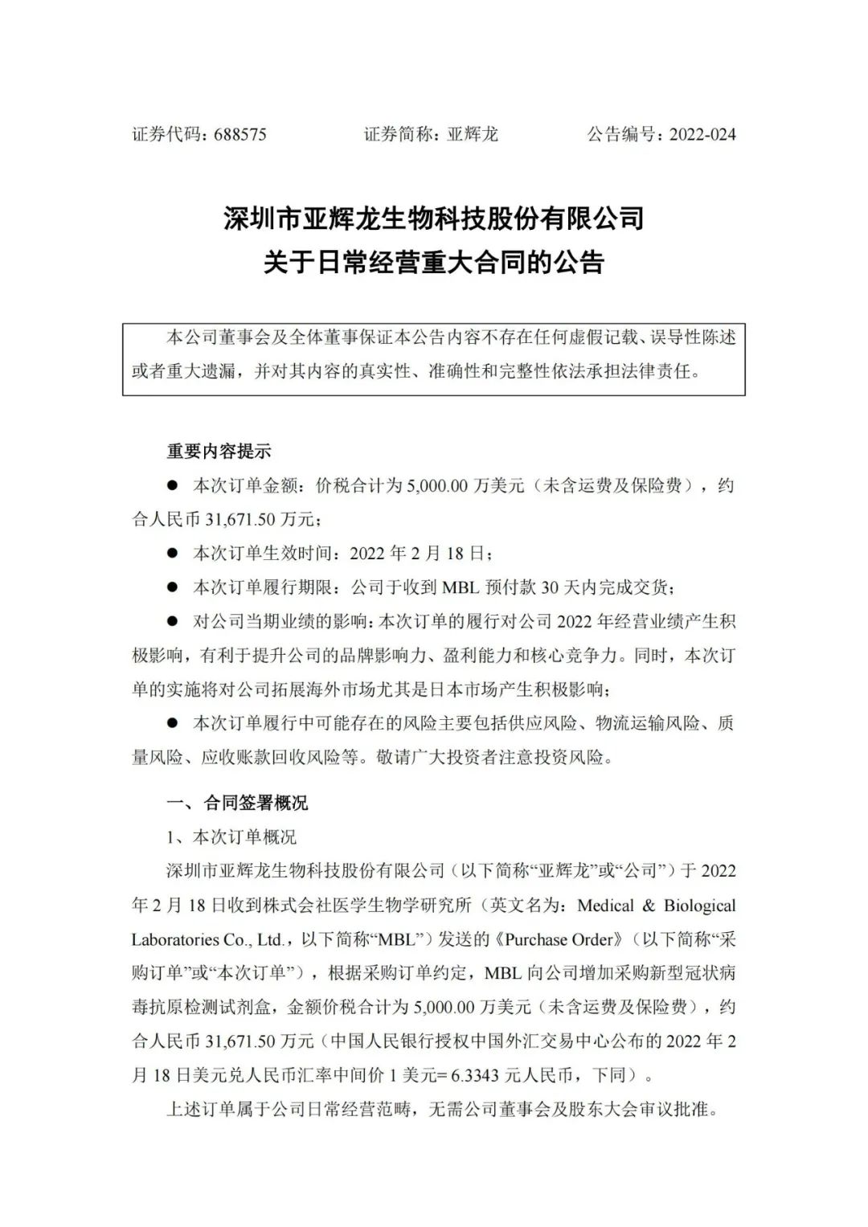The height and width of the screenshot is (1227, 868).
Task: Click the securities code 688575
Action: (x=240, y=134)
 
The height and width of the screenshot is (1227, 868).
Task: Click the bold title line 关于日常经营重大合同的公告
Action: (x=433, y=263)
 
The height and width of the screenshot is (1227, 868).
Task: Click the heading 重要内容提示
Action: (x=219, y=451)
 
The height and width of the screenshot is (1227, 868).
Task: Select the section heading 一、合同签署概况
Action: (x=236, y=803)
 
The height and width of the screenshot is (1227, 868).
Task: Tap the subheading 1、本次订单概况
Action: (x=231, y=837)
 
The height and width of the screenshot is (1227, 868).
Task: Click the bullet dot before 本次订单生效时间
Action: (x=171, y=553)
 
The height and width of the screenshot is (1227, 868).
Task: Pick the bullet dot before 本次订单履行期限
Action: (x=171, y=587)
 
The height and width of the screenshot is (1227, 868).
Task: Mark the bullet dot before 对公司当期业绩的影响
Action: (x=171, y=621)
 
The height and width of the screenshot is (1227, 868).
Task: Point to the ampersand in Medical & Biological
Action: (x=649, y=906)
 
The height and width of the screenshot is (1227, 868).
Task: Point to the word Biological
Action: (x=699, y=906)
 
